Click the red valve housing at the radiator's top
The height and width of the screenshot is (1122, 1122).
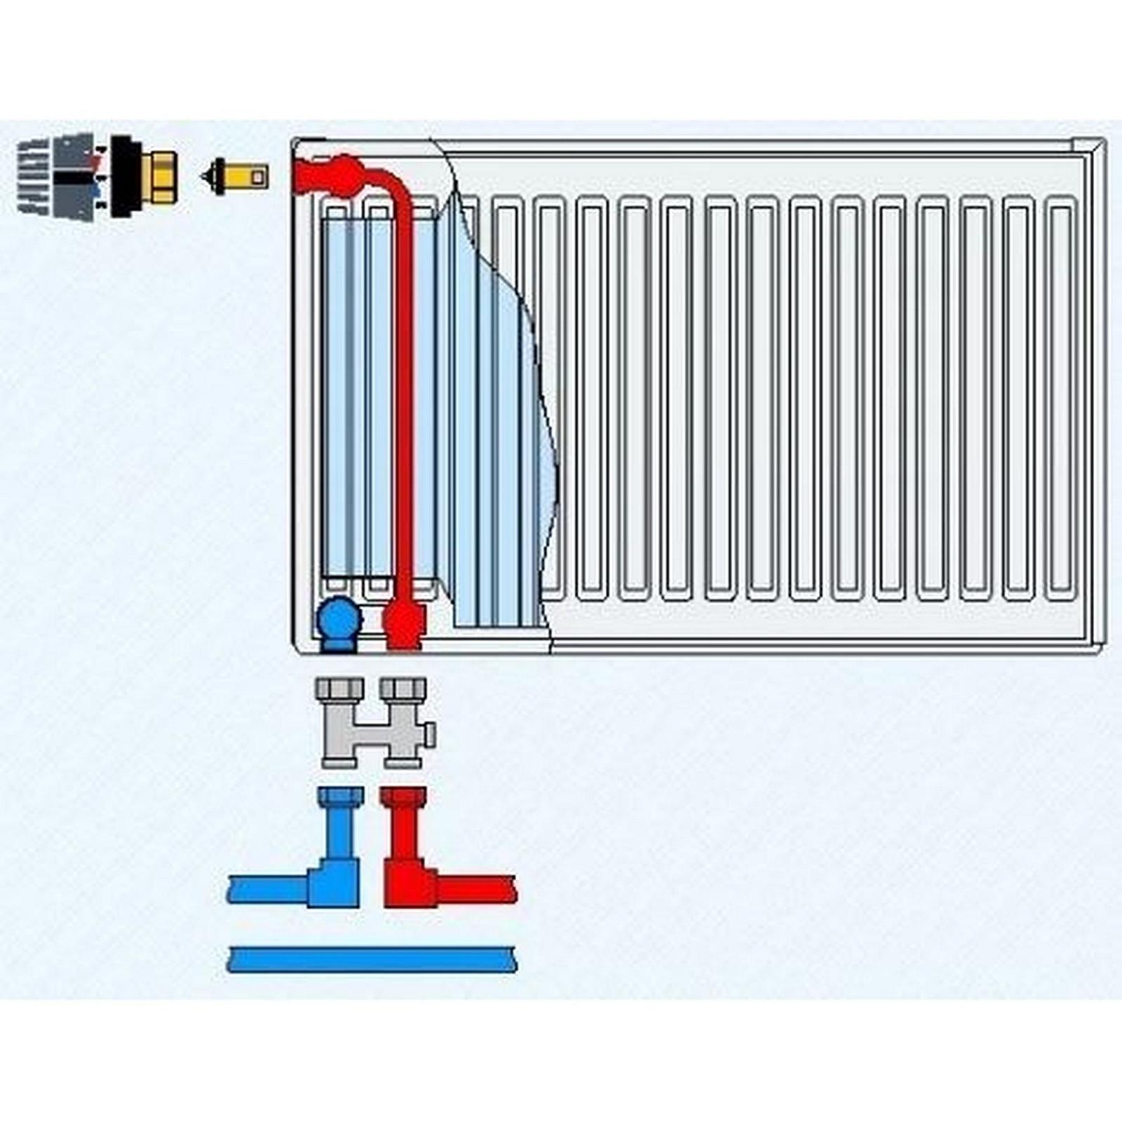330,175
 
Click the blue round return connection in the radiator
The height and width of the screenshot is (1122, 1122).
339,621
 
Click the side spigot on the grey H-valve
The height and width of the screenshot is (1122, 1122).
429,734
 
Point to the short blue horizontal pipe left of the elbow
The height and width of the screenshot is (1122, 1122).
266,889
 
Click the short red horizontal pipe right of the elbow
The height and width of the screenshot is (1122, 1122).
477,889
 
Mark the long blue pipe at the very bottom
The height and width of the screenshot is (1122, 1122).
372,959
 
